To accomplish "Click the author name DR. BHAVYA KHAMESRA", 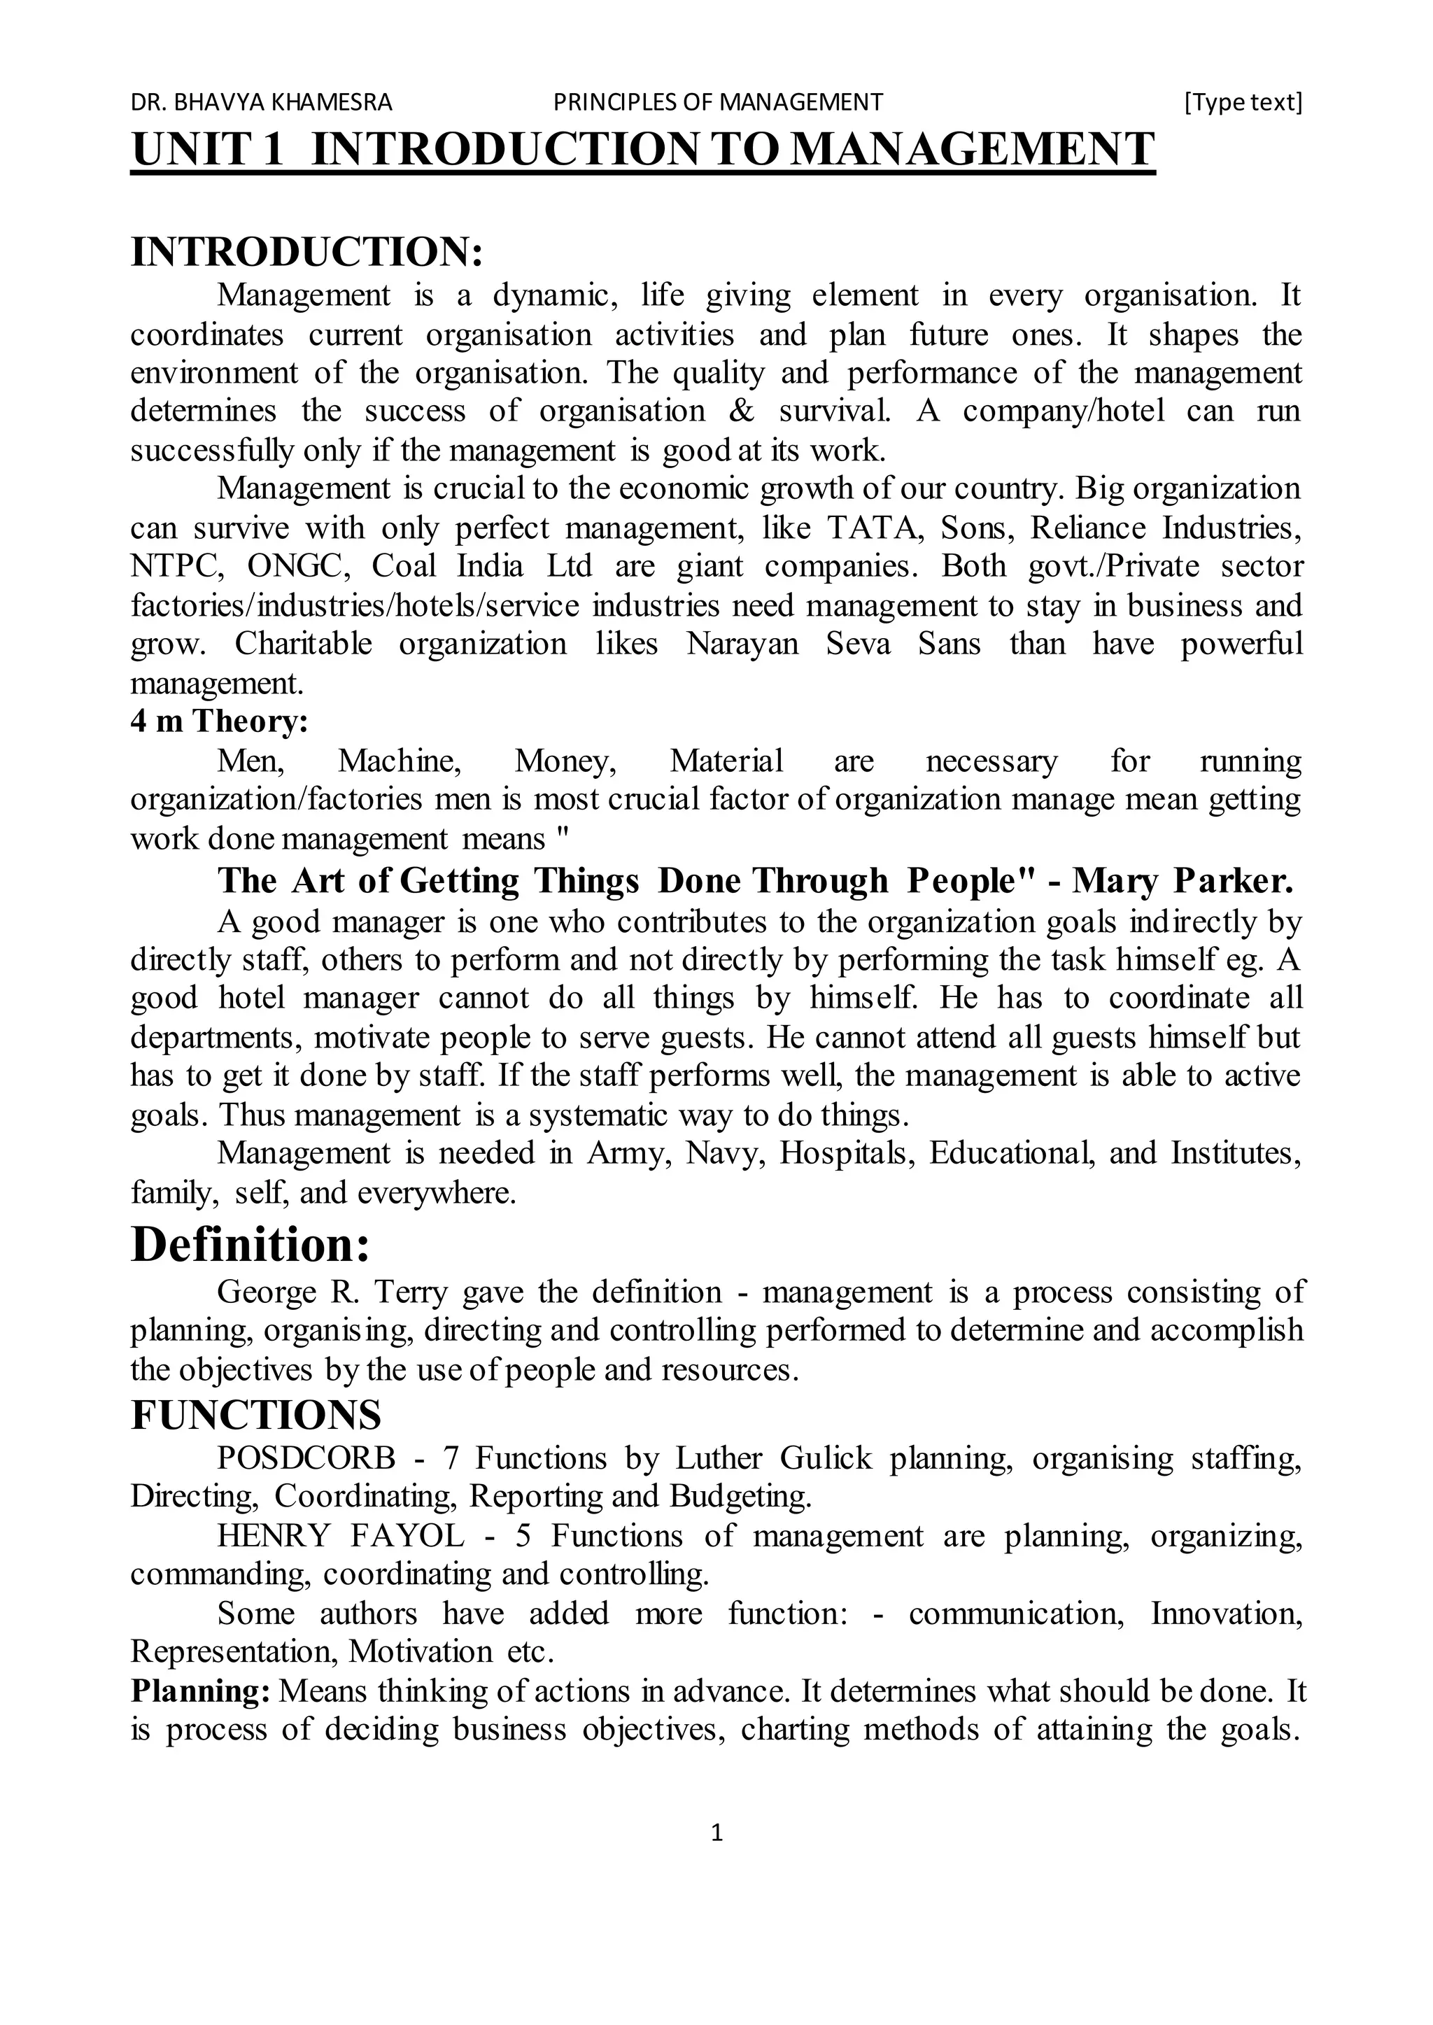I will coord(261,102).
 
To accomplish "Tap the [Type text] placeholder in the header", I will coord(1243,102).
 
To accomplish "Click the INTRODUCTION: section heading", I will coord(306,253).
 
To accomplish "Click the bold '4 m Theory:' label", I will coord(219,721).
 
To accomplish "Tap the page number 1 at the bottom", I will coord(716,1833).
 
